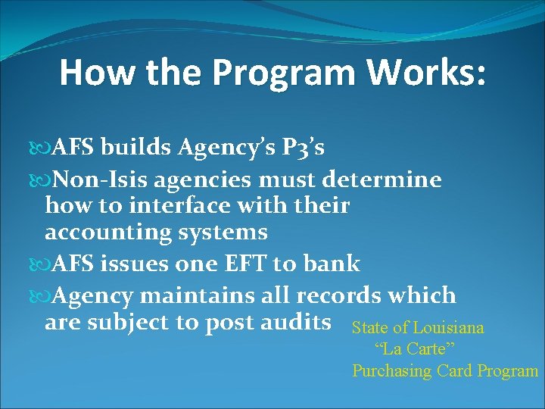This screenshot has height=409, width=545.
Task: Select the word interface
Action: [x=157, y=205]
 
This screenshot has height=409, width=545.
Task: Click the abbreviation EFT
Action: [x=243, y=264]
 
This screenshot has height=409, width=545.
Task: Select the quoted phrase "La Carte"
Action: [x=414, y=349]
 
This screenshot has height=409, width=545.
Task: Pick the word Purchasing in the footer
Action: [x=391, y=371]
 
